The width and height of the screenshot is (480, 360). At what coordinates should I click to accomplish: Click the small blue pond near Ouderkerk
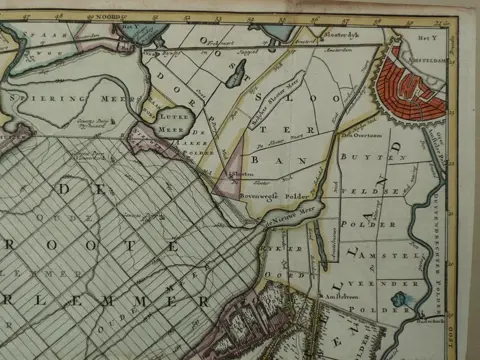point(400,298)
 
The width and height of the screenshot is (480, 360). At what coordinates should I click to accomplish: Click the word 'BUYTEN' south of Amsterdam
point(361,158)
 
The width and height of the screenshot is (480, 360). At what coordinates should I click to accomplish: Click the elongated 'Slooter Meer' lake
point(238,72)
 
